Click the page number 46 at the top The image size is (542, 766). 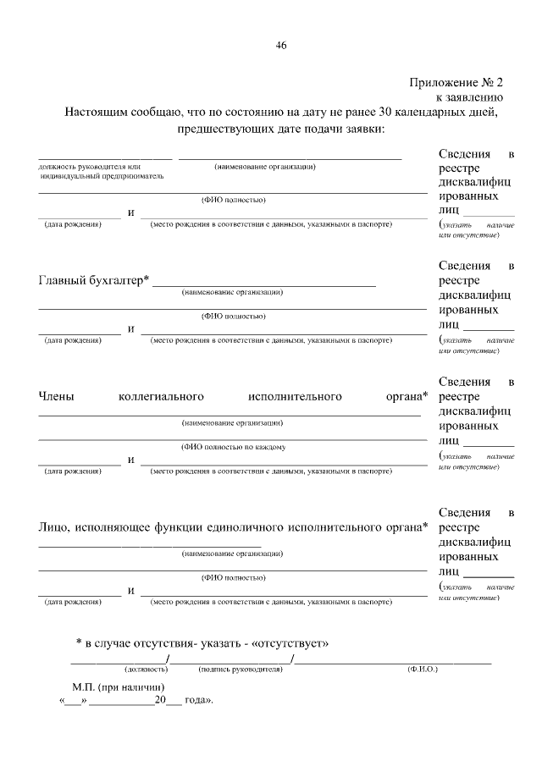click(x=280, y=46)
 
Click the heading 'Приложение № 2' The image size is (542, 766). click(x=456, y=83)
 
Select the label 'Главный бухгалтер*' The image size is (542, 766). click(x=94, y=280)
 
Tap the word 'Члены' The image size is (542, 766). click(x=57, y=395)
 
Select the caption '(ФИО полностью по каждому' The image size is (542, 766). click(x=233, y=446)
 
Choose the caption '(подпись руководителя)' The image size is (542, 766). click(x=239, y=669)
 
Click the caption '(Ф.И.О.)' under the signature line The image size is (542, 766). click(x=421, y=669)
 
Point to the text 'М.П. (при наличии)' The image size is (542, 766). click(x=119, y=687)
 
